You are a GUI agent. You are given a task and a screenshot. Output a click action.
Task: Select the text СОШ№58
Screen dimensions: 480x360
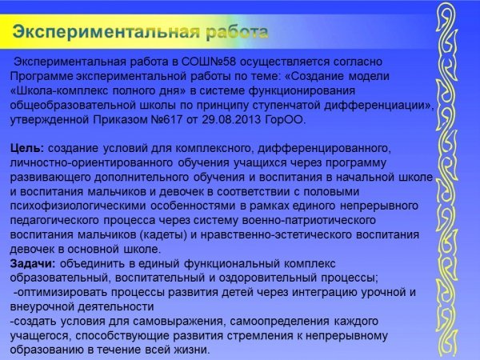[209, 62]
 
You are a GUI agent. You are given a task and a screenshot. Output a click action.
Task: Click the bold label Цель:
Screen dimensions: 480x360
[27, 149]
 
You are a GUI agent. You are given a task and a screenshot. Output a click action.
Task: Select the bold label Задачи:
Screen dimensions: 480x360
[33, 263]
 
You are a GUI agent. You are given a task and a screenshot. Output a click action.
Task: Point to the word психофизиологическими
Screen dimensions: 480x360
[78, 206]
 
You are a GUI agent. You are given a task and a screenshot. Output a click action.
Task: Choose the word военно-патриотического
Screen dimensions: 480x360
[309, 221]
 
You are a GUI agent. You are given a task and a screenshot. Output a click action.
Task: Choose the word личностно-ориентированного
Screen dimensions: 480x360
[91, 163]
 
